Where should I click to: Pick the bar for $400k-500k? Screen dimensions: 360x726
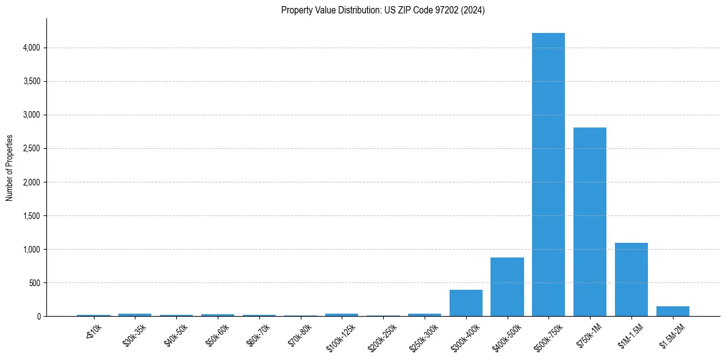click(507, 287)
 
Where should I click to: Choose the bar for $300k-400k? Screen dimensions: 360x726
click(465, 303)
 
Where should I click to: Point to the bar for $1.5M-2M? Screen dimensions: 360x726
click(672, 311)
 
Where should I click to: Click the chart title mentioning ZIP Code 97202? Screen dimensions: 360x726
click(383, 10)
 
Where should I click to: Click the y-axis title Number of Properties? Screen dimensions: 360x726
click(10, 168)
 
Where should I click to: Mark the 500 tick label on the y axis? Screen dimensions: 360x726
click(34, 283)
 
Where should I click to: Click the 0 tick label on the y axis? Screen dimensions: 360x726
click(38, 316)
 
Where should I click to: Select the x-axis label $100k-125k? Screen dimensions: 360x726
click(340, 337)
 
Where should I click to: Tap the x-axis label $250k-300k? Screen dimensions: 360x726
click(423, 337)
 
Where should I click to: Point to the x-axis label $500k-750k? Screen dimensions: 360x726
click(547, 337)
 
